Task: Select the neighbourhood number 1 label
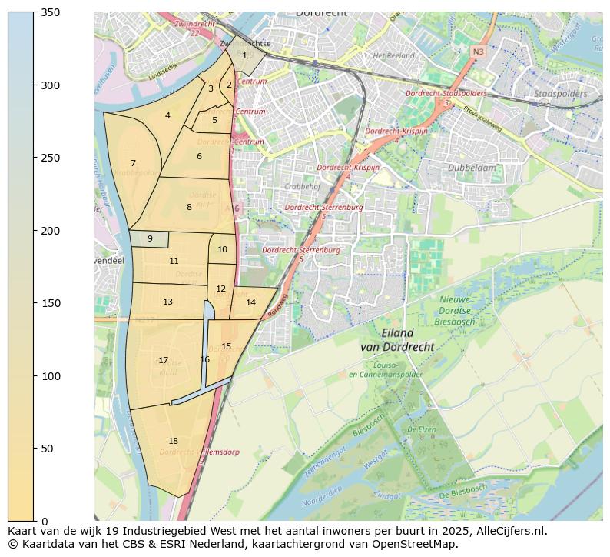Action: pos(244,55)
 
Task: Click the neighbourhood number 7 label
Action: pos(133,163)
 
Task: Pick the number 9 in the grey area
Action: pos(150,239)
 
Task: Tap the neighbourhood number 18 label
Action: pos(173,441)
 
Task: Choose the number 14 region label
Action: pos(250,302)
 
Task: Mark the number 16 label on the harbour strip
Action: pos(204,359)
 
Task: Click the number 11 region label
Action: pos(174,261)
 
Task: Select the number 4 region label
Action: pos(167,116)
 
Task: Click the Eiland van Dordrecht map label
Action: pos(397,340)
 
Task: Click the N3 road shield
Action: pos(478,52)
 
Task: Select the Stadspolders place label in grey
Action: pos(560,94)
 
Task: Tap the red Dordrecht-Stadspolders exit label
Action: pos(446,93)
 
